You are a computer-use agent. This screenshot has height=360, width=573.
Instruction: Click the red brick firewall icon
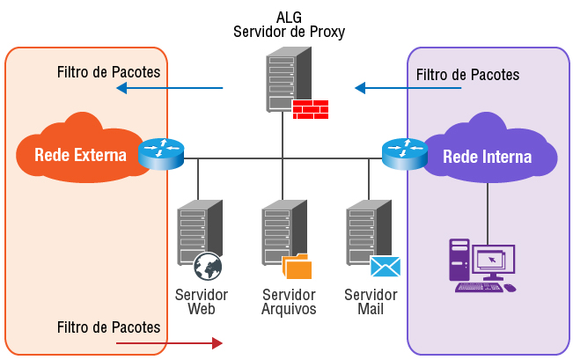[310, 108]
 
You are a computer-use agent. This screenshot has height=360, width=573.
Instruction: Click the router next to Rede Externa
[161, 154]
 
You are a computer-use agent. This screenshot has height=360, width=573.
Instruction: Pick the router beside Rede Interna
[404, 154]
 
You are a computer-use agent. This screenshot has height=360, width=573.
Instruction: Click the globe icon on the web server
[208, 266]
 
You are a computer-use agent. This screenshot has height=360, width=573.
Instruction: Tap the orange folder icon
[298, 267]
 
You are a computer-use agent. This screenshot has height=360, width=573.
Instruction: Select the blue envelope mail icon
[386, 267]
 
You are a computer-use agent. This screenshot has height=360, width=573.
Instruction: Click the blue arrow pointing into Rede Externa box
[170, 88]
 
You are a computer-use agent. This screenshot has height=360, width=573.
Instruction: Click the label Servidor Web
[202, 301]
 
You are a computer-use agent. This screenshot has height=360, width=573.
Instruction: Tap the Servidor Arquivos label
[289, 301]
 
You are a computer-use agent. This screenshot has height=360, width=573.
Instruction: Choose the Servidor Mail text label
[371, 301]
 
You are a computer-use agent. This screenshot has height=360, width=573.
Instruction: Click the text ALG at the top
[289, 17]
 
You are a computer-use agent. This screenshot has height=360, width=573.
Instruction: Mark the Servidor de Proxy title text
[289, 32]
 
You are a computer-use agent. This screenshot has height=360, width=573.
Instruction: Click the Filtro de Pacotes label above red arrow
[108, 327]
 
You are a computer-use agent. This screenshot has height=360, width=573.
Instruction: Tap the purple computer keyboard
[480, 287]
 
